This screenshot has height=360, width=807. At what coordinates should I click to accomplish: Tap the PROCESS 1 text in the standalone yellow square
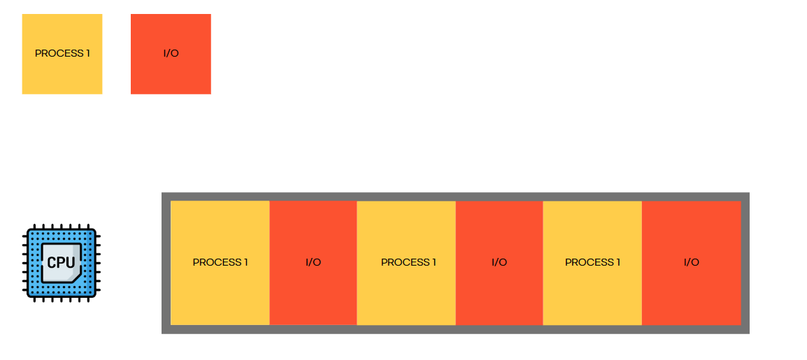pos(62,53)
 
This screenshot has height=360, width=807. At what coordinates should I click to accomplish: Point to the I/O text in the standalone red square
pos(171,53)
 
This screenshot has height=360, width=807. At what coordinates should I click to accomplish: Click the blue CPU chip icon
pos(62,263)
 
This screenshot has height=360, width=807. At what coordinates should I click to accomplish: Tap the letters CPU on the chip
pos(61,263)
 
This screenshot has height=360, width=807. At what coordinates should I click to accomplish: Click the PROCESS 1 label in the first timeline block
pos(220,262)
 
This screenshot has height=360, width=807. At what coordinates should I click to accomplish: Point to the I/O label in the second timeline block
pos(313,262)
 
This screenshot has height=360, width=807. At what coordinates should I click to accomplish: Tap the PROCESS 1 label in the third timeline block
pos(408,262)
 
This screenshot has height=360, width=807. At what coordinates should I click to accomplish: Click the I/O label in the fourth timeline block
pos(499,262)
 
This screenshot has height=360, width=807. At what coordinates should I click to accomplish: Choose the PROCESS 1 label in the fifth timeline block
pos(592,262)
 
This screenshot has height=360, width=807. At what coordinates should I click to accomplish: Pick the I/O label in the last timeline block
pos(691,262)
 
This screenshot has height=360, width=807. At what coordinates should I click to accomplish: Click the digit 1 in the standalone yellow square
pos(88,53)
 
